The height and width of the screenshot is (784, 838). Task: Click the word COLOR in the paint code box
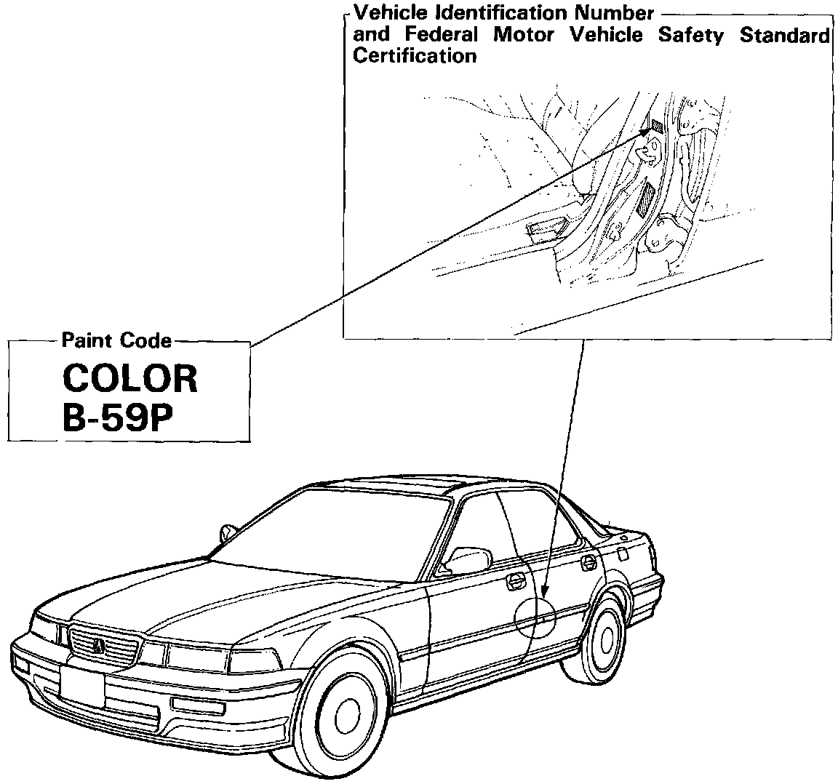[x=130, y=378]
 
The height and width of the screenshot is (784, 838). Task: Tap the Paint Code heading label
[x=116, y=340]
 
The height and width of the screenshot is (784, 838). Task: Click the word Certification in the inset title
[x=415, y=56]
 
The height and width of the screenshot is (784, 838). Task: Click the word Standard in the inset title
[x=785, y=34]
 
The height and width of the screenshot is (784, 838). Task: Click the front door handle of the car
[x=515, y=580]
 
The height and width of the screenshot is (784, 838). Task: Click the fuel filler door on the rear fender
[x=624, y=553]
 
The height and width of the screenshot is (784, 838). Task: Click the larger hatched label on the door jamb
[x=645, y=198]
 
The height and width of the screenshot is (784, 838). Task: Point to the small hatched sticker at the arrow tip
[x=658, y=124]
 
